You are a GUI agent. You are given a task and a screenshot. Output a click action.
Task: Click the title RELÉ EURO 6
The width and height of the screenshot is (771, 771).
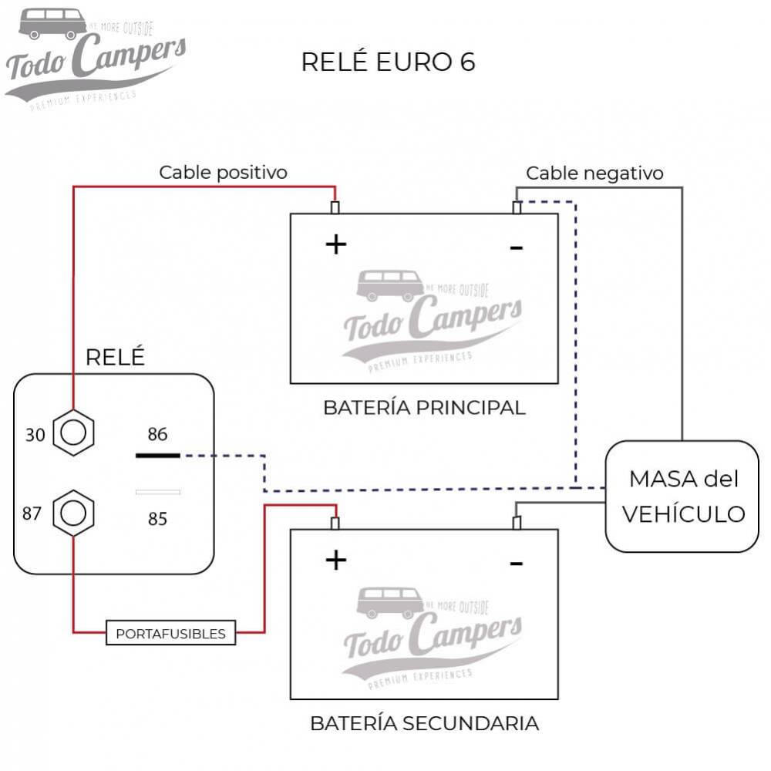coord(388,62)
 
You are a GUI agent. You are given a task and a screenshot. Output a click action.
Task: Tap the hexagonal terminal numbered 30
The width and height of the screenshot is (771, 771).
coord(73,434)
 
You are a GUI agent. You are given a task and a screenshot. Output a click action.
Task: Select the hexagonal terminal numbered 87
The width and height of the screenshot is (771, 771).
coord(73,513)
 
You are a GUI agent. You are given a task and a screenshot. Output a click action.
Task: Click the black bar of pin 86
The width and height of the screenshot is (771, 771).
coord(157,456)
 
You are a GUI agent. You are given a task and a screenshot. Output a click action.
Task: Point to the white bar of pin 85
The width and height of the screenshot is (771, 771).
coord(157,492)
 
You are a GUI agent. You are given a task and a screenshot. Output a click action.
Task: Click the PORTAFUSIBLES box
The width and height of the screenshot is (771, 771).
coord(170,634)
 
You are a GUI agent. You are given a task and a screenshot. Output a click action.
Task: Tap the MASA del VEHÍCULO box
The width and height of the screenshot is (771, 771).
coord(682,496)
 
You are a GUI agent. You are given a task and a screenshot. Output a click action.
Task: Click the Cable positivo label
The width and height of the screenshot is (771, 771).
coord(223,172)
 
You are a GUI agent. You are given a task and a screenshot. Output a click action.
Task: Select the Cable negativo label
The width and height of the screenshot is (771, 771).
coord(594,173)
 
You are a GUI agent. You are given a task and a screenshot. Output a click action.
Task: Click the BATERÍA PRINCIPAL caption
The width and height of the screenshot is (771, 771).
coord(424,408)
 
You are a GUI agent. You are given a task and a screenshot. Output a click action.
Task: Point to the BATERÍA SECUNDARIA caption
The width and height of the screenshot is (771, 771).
coord(424,723)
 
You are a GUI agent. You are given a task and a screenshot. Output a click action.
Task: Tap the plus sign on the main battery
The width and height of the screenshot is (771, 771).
coord(336,244)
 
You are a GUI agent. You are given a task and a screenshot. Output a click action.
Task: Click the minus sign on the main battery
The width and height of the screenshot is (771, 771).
coord(517,247)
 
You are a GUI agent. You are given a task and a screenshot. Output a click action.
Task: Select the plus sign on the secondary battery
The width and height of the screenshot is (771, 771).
coord(336,561)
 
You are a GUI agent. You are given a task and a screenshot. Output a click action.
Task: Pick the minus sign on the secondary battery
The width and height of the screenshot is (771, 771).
coord(517,564)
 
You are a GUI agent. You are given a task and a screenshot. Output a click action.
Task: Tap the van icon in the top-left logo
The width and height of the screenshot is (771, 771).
coord(52,23)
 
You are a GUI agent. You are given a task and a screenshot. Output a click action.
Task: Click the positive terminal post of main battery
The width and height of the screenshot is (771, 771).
coord(335,207)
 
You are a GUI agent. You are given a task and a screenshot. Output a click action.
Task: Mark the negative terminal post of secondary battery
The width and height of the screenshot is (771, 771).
coord(517,524)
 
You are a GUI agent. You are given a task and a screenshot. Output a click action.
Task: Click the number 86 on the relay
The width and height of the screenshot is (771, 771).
coord(157,435)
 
